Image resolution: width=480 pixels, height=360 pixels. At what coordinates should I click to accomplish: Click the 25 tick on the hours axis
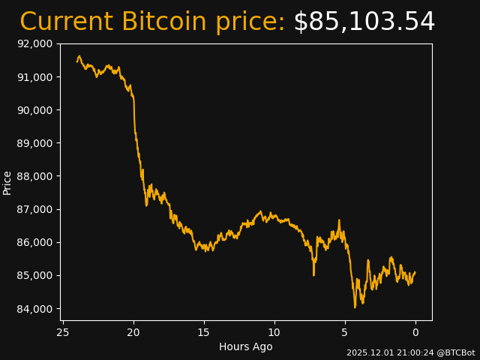click(x=63, y=332)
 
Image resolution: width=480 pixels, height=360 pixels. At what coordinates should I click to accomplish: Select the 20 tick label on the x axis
click(x=133, y=332)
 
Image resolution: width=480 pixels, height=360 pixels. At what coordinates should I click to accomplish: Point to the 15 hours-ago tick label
click(x=204, y=332)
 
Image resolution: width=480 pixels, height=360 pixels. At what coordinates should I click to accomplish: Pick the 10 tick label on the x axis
click(x=274, y=332)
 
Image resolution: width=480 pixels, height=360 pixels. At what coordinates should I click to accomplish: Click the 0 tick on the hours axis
click(x=415, y=332)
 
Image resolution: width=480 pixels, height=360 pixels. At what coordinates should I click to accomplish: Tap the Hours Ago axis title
click(x=246, y=346)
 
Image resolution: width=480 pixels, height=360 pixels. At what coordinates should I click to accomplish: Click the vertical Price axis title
click(x=7, y=182)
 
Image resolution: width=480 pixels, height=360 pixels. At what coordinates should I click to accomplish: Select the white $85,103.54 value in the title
click(x=364, y=22)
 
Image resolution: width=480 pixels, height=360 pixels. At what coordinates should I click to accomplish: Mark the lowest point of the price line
click(x=355, y=307)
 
